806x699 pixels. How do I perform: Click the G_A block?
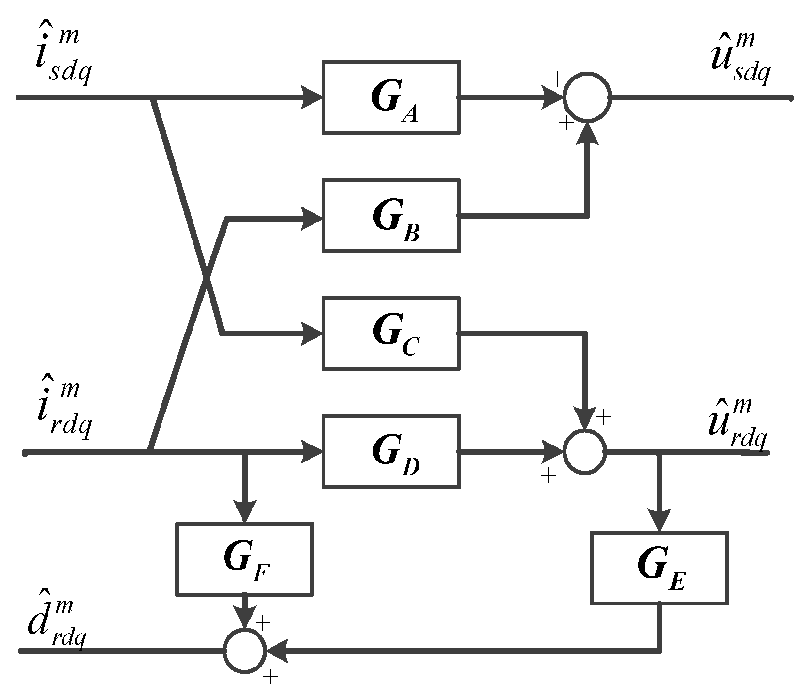coord(391,97)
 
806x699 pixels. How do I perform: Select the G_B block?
coord(391,216)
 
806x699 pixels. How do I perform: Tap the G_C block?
coord(391,333)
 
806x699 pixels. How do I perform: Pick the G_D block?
coord(391,451)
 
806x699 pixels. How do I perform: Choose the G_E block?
coord(659,568)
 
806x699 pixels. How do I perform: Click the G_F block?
coord(244,558)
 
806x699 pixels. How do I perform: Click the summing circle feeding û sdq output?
coord(587,97)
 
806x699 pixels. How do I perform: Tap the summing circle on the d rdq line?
coord(245,651)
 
